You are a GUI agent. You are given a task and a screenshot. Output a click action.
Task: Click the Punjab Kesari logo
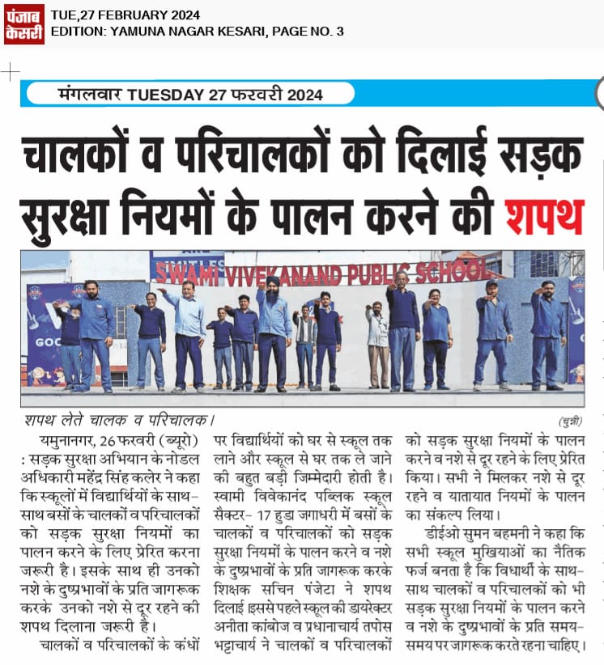tap(23, 23)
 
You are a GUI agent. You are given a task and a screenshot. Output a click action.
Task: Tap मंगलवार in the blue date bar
tap(90, 95)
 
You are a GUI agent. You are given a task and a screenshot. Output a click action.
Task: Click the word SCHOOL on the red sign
tap(458, 270)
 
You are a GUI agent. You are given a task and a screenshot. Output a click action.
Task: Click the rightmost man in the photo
tap(548, 332)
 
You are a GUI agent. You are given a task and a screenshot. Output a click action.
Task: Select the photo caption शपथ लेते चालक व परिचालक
tap(117, 420)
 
